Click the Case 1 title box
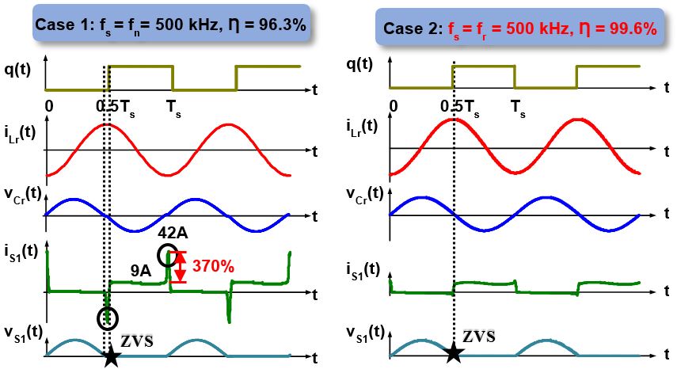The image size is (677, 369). pos(170,25)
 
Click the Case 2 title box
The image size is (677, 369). pos(520,29)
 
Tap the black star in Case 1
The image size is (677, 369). pos(112,356)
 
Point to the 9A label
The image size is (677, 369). pos(141,271)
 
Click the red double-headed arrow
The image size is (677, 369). pos(181,268)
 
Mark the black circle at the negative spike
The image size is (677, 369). pos(108,318)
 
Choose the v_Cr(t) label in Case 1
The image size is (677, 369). pos(21,194)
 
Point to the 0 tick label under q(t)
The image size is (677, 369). pos(49,105)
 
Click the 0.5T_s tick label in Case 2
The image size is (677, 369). pos(460,105)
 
